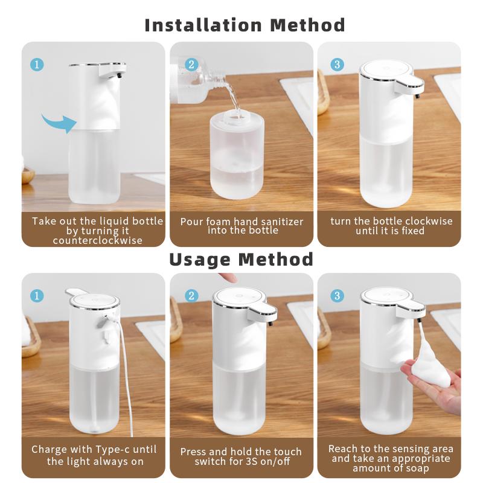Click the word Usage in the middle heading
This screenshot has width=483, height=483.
200,260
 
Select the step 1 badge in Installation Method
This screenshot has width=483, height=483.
37,65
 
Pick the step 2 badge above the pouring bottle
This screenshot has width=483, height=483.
191,65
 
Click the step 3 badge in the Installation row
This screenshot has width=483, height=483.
337,65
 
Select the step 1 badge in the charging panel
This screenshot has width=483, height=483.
37,296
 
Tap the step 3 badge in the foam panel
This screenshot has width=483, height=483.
337,296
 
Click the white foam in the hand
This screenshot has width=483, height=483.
431,363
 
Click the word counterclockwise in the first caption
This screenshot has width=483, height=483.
98,240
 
